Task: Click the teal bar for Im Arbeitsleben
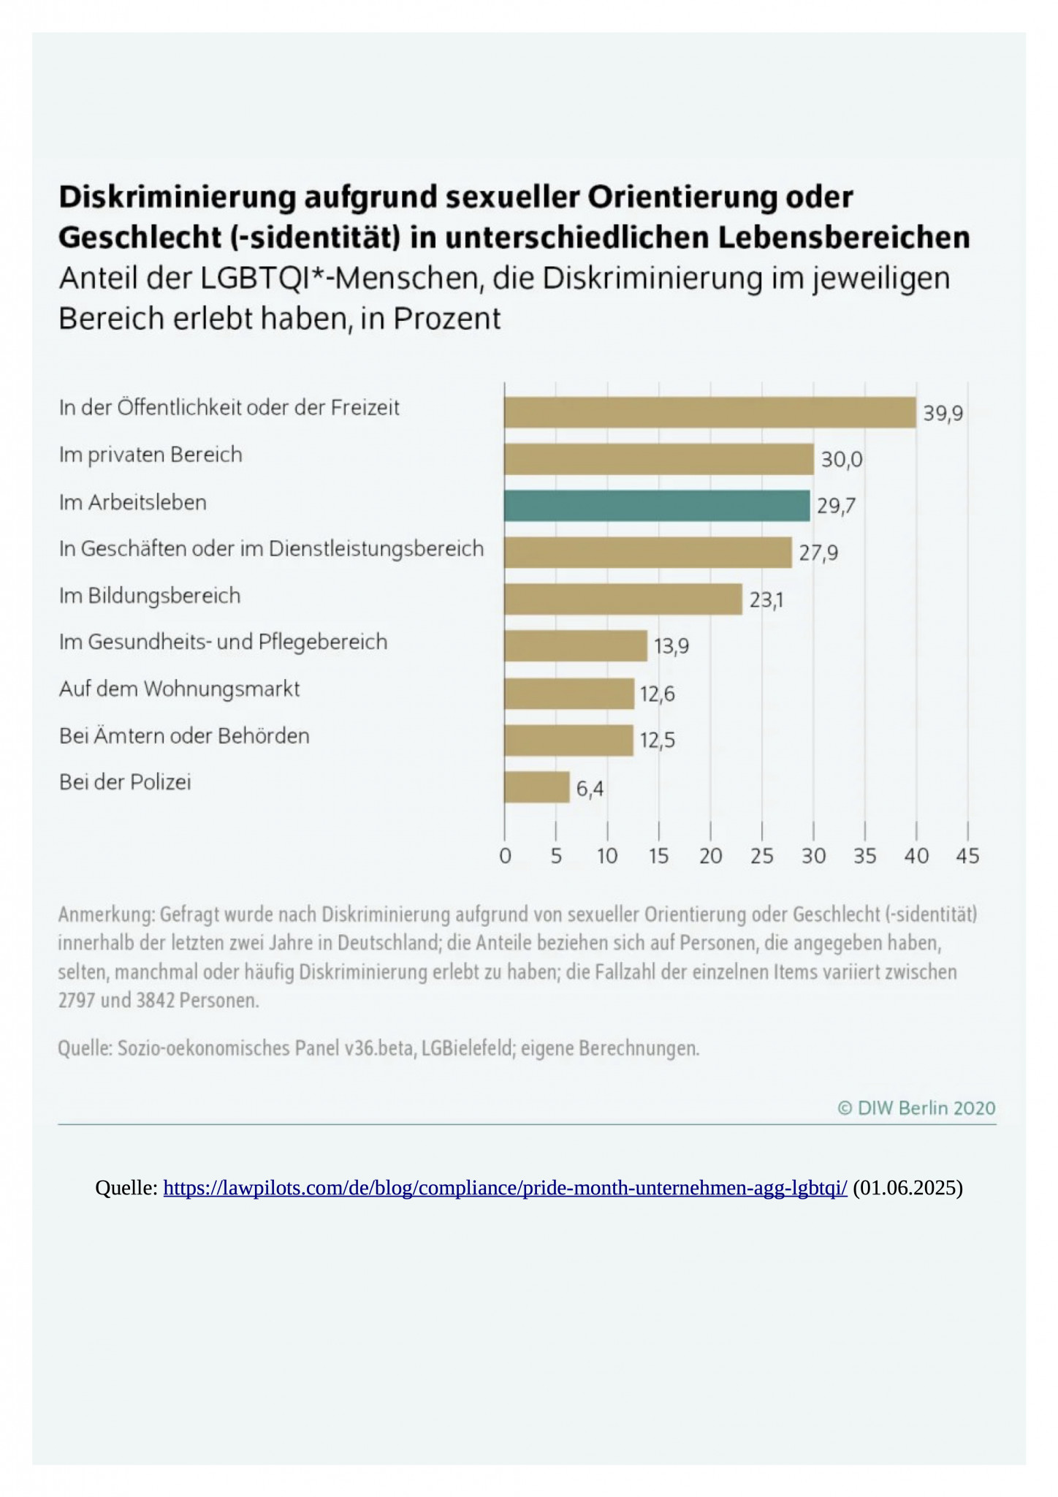coord(657,506)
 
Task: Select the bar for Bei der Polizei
coord(536,787)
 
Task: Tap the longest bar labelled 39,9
coord(709,412)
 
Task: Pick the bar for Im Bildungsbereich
coord(623,599)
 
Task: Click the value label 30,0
coord(842,460)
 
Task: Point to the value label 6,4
coord(590,789)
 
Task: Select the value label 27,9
coord(818,553)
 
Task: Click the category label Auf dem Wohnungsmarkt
coord(179,689)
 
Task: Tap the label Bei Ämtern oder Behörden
coord(184,736)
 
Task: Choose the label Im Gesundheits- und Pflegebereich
coord(223,643)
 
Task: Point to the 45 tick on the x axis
coord(967,856)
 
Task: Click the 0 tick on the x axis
coord(505,856)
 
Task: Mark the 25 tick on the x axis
coord(761,856)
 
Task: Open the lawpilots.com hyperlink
coord(505,1189)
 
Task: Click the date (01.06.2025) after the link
coord(907,1189)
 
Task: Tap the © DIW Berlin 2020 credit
coord(916,1108)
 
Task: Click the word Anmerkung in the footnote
coord(105,914)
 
